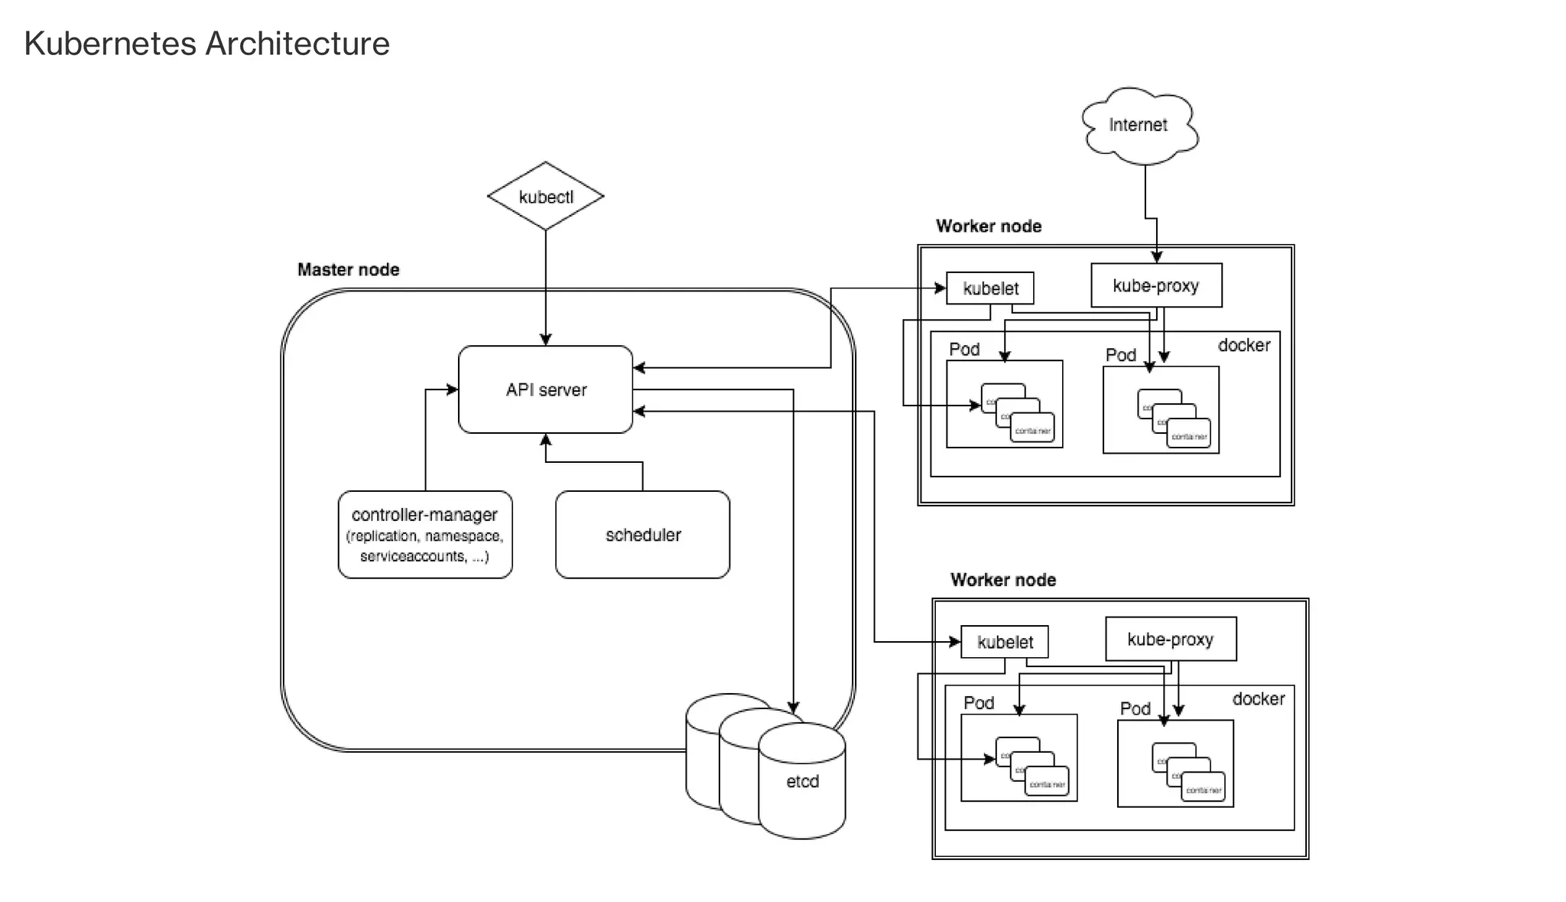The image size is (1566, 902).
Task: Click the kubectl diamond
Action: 545,197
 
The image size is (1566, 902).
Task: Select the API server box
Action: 545,389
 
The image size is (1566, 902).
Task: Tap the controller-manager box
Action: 425,535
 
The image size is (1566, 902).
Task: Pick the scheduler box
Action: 642,535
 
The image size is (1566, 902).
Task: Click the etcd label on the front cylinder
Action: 802,781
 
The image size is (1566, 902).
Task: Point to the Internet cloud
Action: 1139,125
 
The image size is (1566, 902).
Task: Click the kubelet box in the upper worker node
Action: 990,288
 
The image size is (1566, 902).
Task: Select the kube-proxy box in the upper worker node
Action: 1156,285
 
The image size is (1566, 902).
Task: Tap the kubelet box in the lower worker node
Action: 1005,642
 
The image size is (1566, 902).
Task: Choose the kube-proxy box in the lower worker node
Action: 1171,639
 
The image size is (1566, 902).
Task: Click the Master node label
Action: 348,269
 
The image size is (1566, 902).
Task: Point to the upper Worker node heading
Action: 988,226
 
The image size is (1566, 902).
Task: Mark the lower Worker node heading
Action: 1002,580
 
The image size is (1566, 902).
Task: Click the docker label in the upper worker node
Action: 1244,345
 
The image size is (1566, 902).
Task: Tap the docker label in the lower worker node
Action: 1259,698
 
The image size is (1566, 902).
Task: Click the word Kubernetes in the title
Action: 110,44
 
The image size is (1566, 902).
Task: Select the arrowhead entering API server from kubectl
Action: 545,340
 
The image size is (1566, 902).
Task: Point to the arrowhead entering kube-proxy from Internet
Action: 1156,257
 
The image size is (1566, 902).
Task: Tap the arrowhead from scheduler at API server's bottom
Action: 545,439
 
